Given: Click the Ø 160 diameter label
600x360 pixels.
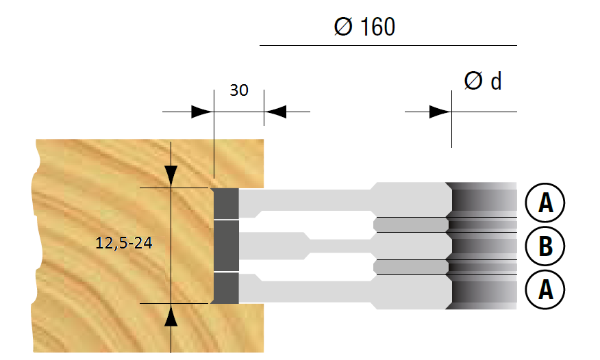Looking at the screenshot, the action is coord(364,27).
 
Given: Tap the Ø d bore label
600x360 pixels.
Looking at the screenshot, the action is coord(483,81).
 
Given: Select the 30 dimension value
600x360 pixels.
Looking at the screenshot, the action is coord(239,90).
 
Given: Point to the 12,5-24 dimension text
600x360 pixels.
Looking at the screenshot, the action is coord(123,243).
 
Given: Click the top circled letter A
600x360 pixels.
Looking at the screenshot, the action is coord(545,203).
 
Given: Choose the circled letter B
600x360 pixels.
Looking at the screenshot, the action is coord(545,246).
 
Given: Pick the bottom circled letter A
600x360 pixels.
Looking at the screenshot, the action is coord(545,290).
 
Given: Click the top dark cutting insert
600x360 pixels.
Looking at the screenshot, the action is coord(225,203).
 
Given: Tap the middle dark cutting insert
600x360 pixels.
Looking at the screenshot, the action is coord(226,246).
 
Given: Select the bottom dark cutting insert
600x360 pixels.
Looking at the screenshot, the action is coord(225,288).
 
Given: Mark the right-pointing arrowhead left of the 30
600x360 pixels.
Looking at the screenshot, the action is coord(202,112).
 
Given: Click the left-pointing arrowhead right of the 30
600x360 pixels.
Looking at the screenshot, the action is coord(275,112).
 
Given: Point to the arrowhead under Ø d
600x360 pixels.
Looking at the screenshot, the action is coord(440,112).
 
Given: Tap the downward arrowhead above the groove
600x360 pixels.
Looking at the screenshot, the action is coord(171,177).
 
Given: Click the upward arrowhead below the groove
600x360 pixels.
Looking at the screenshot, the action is coord(171,315).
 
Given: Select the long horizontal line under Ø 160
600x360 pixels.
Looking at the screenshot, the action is coord(388,45).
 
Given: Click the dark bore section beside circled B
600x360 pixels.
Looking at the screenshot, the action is coord(484,246).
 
